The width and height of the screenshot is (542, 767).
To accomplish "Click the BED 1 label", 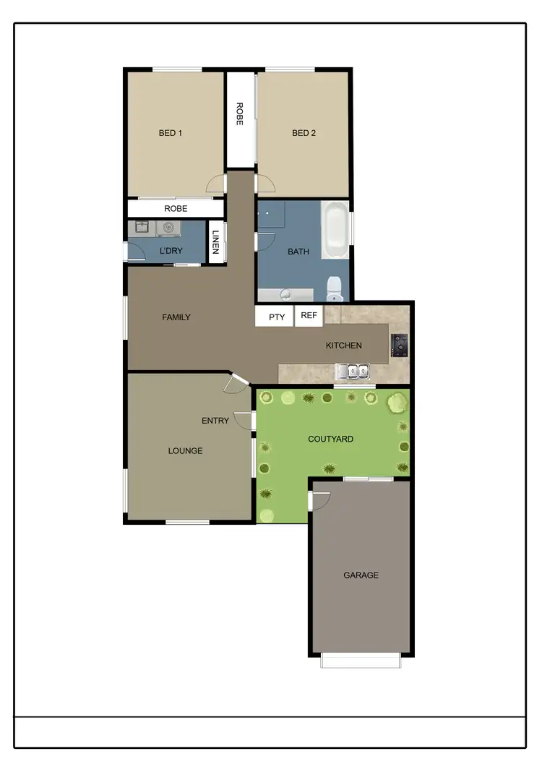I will coord(171,133).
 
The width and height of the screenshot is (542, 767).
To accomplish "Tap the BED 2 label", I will coord(304,133).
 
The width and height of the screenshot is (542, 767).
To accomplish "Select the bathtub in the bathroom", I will coord(335,231).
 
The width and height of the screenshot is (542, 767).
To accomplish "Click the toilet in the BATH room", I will coord(335,288).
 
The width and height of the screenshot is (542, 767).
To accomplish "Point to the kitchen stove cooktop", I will coord(399,345).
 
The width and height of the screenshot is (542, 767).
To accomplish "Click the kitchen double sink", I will coord(352,372).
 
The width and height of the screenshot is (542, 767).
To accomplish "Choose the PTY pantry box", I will coord(277,317).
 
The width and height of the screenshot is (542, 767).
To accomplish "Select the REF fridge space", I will coord(309,316).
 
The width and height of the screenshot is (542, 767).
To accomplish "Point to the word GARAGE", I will coord(361,575).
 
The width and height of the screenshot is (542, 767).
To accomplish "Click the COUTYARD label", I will coord(330,439).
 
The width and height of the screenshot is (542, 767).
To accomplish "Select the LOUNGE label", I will coord(185,451).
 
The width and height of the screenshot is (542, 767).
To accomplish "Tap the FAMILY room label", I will coord(176,317).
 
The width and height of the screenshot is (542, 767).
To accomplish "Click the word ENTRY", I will coord(215,421).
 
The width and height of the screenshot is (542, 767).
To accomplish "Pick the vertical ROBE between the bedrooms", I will coord(240,114).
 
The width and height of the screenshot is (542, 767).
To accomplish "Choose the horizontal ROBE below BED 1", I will coord(176,208).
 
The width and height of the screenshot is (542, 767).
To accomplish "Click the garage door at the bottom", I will coord(361,660).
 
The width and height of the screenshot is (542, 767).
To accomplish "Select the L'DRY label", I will coord(171,251).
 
